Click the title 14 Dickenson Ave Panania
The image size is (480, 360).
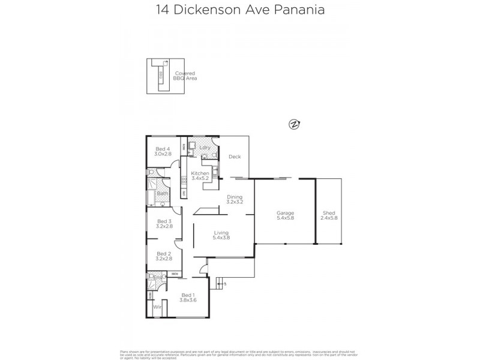coord(239,10)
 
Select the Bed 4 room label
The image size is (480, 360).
coord(163,149)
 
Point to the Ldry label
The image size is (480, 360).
coord(204,147)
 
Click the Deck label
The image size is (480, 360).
coord(235,157)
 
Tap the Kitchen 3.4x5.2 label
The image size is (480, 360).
coord(200,176)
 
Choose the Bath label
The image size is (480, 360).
coord(163,193)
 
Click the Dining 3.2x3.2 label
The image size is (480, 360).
coord(235,199)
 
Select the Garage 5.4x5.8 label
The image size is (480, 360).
coord(285,215)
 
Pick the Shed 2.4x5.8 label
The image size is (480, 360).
coord(329,215)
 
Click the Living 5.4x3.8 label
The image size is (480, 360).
coord(221,235)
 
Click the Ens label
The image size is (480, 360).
coord(158,277)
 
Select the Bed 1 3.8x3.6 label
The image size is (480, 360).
coord(188,298)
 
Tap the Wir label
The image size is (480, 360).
coord(158,307)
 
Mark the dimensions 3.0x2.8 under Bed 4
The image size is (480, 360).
coord(163,154)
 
